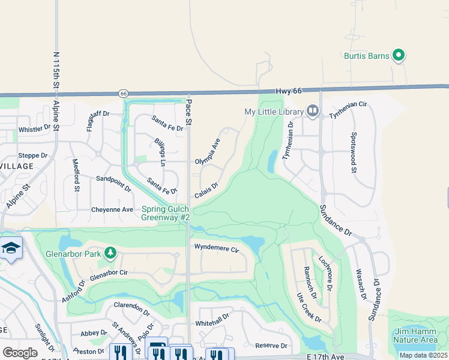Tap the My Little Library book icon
coord(312,111)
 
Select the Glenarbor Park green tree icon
coord(110,253)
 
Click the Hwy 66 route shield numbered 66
coord(124,94)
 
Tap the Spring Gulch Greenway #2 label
coord(166,213)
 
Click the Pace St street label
coord(188,113)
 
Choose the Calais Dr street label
coord(205,190)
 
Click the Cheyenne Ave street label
coord(112,209)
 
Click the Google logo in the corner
coord(20,352)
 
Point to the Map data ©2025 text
coord(423,355)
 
